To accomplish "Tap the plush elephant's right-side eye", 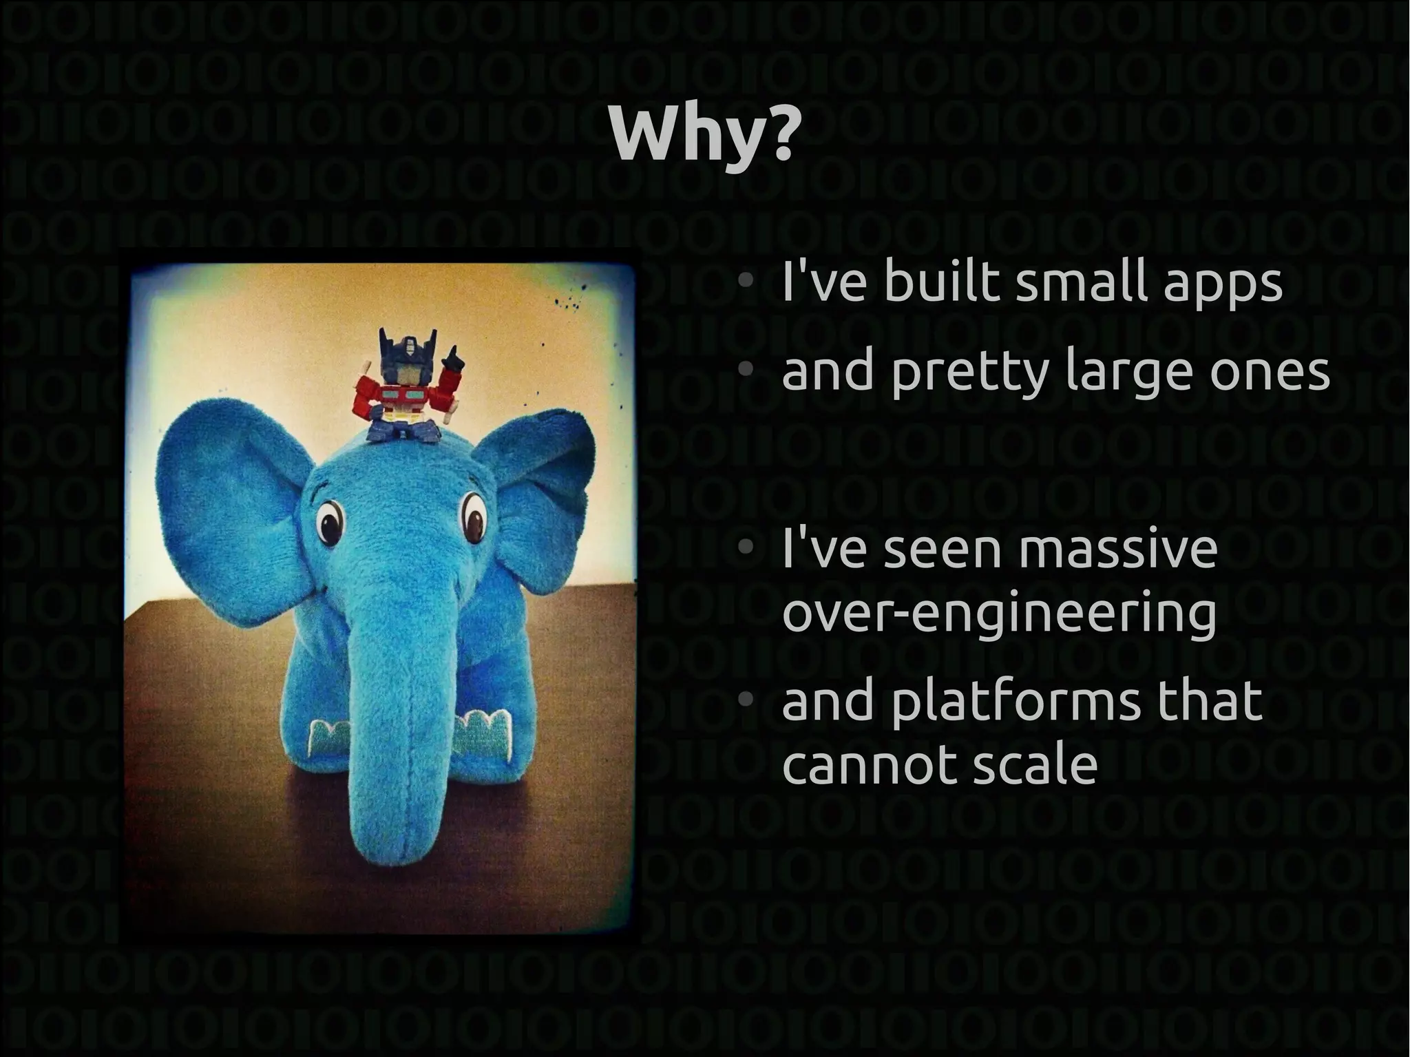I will pyautogui.click(x=472, y=516).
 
